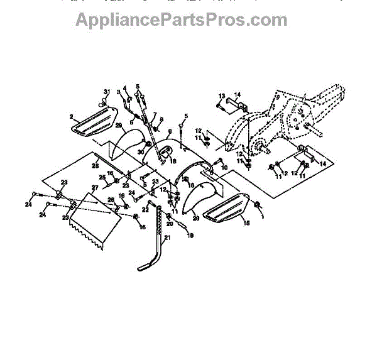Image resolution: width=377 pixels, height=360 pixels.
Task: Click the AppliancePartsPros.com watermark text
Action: pos(182,20)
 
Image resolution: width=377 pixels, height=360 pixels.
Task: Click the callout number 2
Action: pos(73,117)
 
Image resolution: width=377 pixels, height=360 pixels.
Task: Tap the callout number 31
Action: pos(107,92)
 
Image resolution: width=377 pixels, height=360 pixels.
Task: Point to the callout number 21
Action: pos(167,237)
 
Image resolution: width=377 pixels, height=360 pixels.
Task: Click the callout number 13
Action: pos(221,95)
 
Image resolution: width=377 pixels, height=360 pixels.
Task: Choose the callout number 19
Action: pos(191,235)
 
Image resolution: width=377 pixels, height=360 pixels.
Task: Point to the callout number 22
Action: pos(145,209)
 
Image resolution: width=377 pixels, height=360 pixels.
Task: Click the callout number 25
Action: pos(102,177)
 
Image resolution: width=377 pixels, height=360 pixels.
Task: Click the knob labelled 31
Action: pos(102,99)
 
